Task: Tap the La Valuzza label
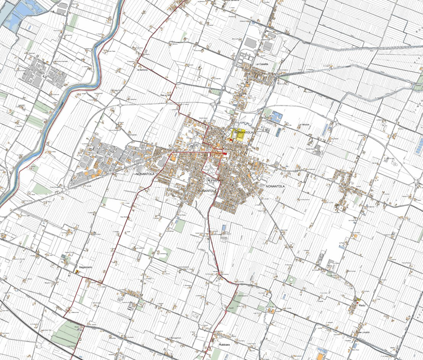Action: (x=305, y=124)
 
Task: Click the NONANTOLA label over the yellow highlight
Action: (x=244, y=132)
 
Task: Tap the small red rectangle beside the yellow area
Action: (x=230, y=140)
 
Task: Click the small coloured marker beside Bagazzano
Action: (x=77, y=272)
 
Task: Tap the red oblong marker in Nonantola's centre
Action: (x=225, y=153)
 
